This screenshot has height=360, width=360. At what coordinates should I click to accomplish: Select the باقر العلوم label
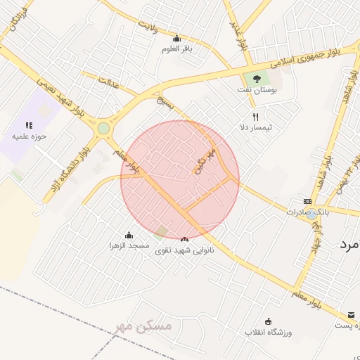tap(176, 49)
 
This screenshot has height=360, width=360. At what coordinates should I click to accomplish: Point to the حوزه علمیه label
tap(29, 136)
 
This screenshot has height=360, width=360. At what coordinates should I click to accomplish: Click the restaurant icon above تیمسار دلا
tap(255, 117)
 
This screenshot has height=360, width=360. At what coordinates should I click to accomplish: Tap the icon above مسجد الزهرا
tap(129, 235)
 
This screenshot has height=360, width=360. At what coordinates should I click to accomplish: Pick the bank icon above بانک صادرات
tap(307, 200)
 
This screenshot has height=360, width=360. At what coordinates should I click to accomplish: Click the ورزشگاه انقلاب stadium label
tap(268, 331)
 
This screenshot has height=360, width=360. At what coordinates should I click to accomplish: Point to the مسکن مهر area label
tap(141, 326)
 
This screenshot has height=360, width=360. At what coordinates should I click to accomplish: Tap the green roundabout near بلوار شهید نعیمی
tap(103, 129)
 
